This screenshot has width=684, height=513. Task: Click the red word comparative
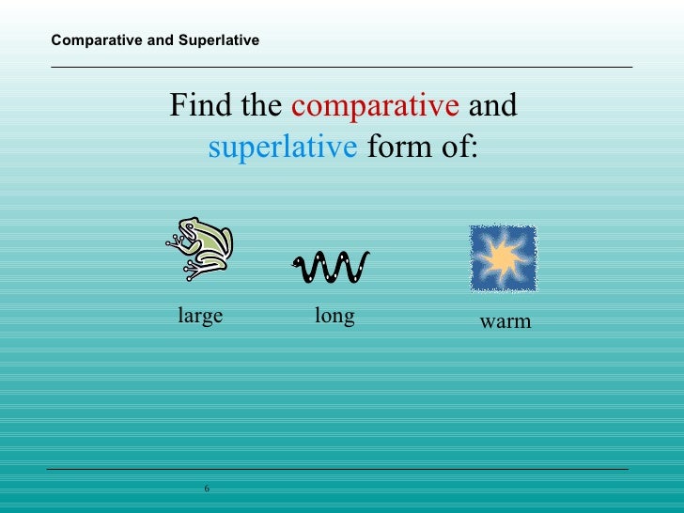pos(375,106)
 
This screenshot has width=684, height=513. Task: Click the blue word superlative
pos(282,148)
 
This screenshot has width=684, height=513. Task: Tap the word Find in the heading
pos(202,106)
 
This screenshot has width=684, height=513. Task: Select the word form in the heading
pos(391,148)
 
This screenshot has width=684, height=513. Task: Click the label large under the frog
pos(200,316)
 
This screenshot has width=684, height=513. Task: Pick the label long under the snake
pos(334,316)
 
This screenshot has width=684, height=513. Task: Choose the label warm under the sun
pos(505,321)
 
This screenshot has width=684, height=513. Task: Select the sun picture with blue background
pos(503,257)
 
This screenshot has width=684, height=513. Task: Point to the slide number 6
pos(207,488)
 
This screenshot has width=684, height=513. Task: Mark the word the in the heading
pos(261,106)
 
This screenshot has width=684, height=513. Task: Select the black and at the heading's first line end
pos(492,106)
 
